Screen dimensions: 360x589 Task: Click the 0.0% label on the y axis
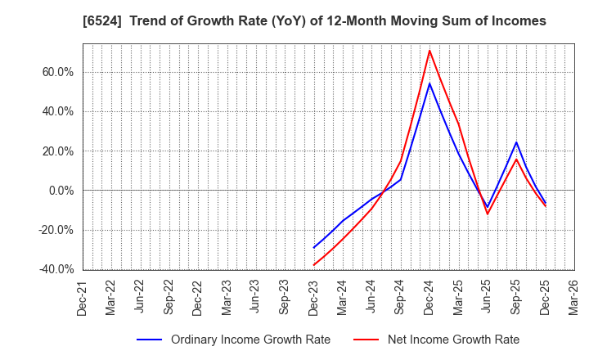[60, 191]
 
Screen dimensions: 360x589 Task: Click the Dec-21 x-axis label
[83, 297]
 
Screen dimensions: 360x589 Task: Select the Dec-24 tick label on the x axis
[429, 297]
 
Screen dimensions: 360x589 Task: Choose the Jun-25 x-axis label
[488, 297]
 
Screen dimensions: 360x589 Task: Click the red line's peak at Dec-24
[429, 50]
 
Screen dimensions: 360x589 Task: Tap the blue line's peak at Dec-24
[429, 83]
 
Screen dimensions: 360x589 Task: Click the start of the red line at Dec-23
[314, 265]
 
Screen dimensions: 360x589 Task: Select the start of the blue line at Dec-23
[314, 247]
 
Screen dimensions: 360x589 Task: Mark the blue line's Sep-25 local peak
[516, 142]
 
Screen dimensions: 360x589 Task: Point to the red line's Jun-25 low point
[488, 214]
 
